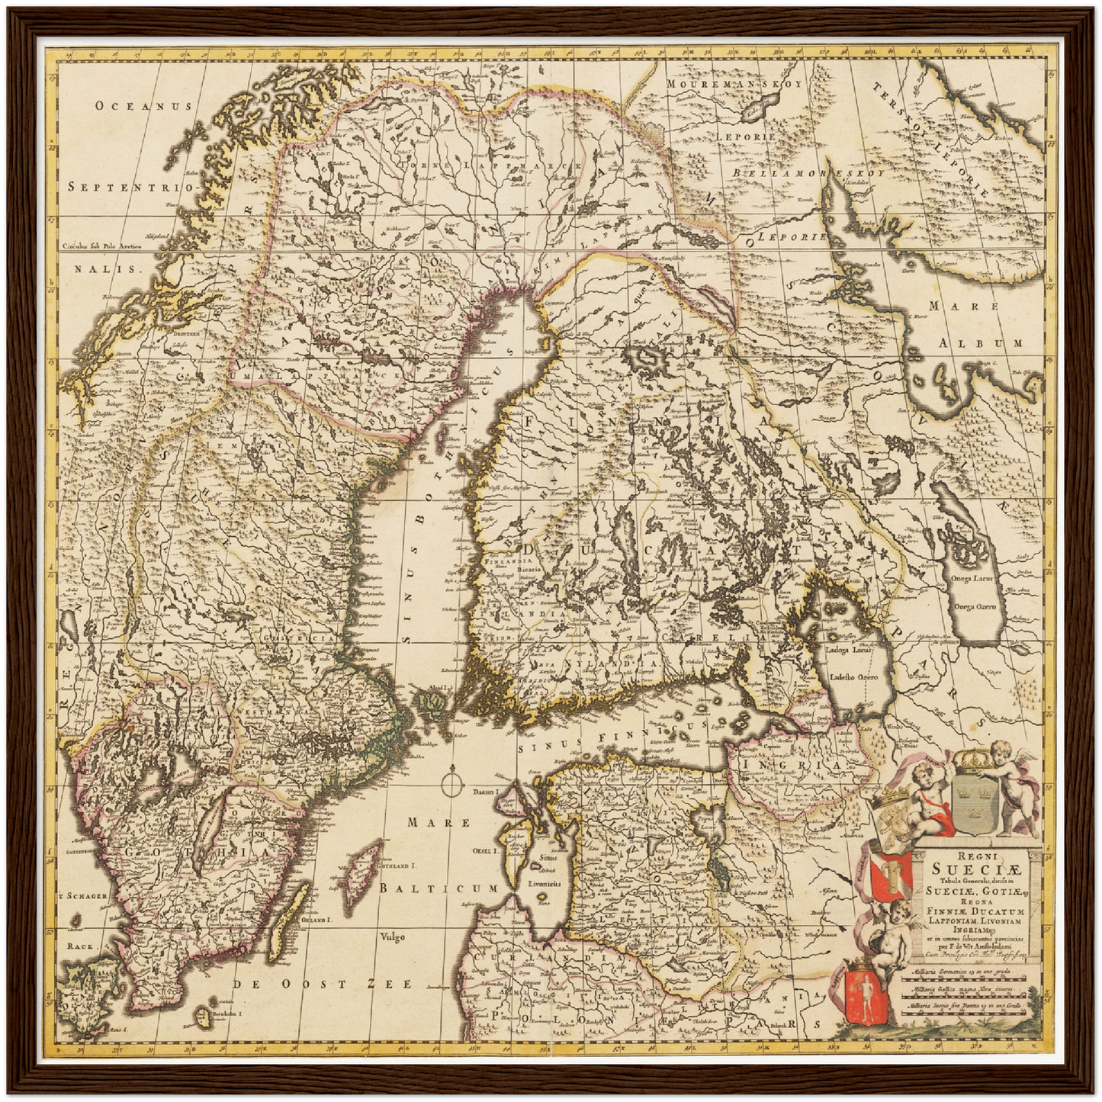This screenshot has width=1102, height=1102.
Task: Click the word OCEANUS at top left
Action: pos(143,107)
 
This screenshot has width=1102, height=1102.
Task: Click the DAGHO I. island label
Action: pos(485,793)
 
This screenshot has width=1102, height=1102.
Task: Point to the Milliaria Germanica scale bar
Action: pos(969,974)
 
